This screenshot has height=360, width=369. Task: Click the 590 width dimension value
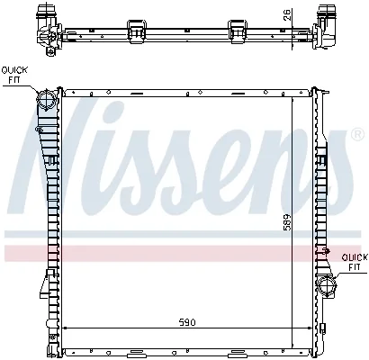click(187, 322)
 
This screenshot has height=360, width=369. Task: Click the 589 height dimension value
click(287, 222)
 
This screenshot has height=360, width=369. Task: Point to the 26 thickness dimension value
click(287, 15)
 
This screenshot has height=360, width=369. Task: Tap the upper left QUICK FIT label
click(14, 75)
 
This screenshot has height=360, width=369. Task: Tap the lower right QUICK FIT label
click(355, 262)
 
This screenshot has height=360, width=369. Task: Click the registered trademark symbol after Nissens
click(357, 135)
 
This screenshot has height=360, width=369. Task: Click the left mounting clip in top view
click(137, 31)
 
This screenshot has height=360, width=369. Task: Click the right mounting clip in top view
click(238, 31)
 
